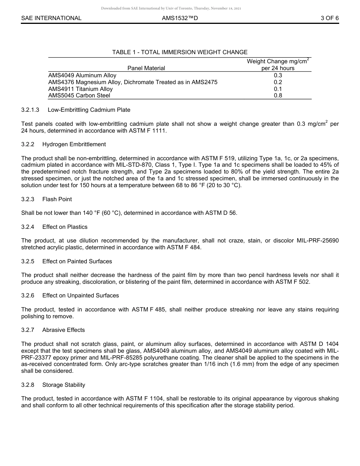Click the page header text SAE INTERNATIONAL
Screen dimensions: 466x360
51,18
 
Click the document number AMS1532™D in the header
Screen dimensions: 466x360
180,18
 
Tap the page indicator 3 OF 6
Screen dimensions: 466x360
329,18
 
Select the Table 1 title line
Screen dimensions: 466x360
180,52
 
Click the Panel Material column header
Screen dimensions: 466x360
146,68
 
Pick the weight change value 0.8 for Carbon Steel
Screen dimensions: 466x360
278,95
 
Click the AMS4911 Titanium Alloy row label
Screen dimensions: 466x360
80,89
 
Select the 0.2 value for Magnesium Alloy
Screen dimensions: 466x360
278,82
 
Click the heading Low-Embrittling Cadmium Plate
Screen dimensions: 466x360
89,110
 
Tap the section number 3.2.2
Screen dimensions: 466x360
28,144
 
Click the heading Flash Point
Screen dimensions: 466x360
57,199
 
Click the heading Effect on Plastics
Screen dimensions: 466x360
65,227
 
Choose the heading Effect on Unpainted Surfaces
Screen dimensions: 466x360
80,296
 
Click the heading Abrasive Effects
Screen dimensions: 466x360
63,330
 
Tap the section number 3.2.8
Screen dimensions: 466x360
28,385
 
